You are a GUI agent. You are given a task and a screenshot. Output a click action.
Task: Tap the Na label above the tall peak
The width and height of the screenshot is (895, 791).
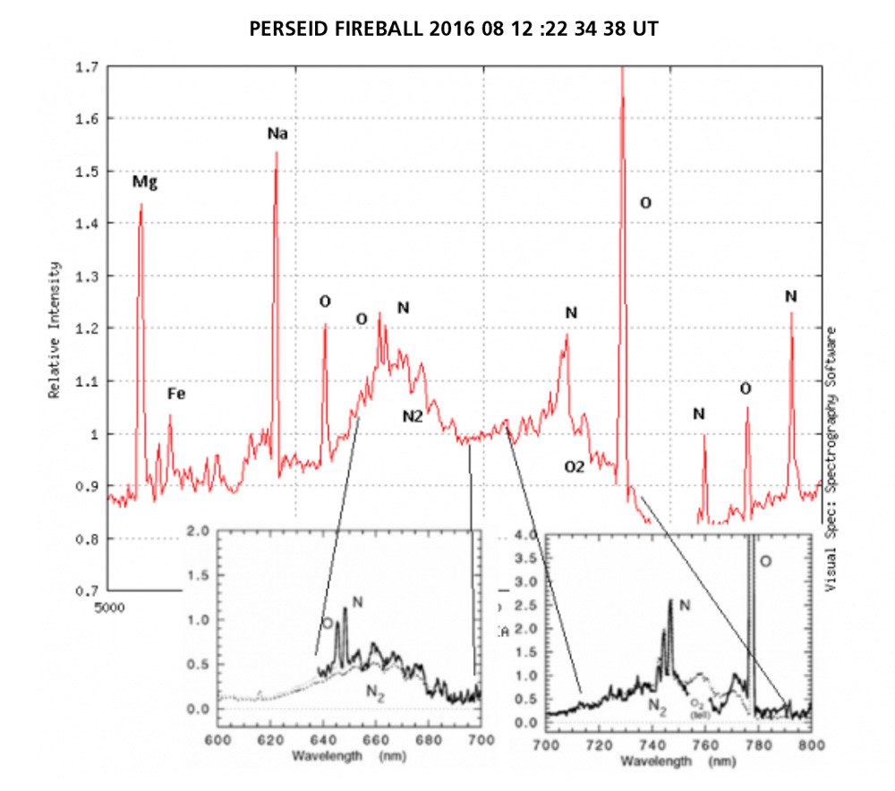click(x=277, y=134)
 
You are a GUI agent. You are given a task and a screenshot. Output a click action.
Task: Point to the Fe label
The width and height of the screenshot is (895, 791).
click(x=176, y=394)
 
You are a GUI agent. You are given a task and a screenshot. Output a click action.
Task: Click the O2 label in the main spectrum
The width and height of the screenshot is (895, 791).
click(x=574, y=467)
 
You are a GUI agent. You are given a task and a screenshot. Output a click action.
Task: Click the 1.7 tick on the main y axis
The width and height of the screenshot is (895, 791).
click(x=87, y=66)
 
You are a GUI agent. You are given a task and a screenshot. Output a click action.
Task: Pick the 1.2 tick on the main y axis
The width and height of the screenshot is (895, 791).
click(x=87, y=328)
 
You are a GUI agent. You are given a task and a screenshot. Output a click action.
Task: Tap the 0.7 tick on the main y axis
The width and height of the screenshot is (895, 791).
click(x=87, y=591)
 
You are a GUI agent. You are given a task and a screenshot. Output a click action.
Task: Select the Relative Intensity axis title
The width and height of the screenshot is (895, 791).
click(x=55, y=330)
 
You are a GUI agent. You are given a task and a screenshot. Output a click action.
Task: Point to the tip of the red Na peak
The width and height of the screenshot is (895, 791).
click(x=276, y=153)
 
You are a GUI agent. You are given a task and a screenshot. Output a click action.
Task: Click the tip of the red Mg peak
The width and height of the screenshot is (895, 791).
click(x=141, y=205)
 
